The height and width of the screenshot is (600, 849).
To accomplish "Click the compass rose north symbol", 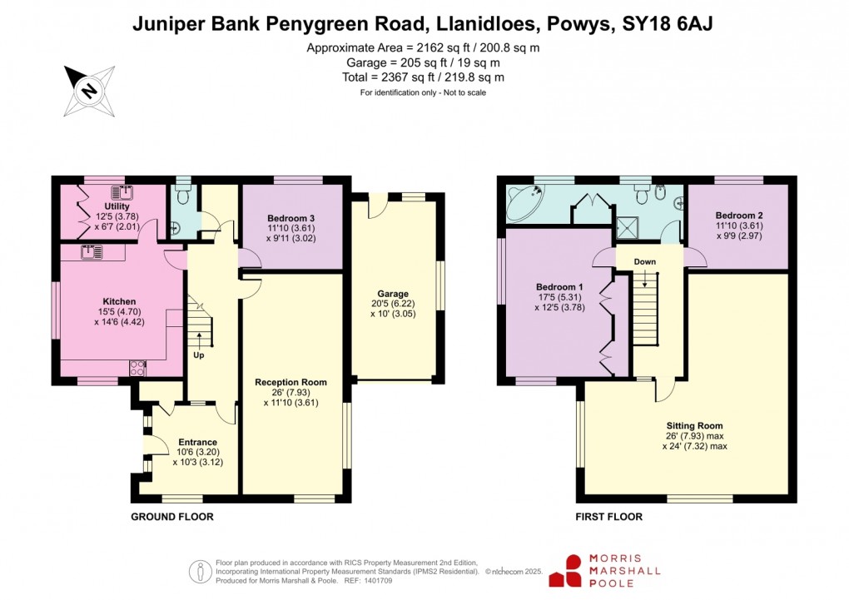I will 87,89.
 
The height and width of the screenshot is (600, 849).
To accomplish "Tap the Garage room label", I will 393,294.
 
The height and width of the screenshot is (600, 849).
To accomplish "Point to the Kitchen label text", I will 119,301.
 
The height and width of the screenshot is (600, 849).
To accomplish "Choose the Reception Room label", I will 291,382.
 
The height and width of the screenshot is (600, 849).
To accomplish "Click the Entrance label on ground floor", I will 197,442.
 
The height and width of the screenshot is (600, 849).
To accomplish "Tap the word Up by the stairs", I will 200,355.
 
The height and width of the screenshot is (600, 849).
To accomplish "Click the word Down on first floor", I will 644,261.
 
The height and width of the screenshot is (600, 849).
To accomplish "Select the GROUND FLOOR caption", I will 172,517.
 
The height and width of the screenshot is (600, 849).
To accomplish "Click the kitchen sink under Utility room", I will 92,251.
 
